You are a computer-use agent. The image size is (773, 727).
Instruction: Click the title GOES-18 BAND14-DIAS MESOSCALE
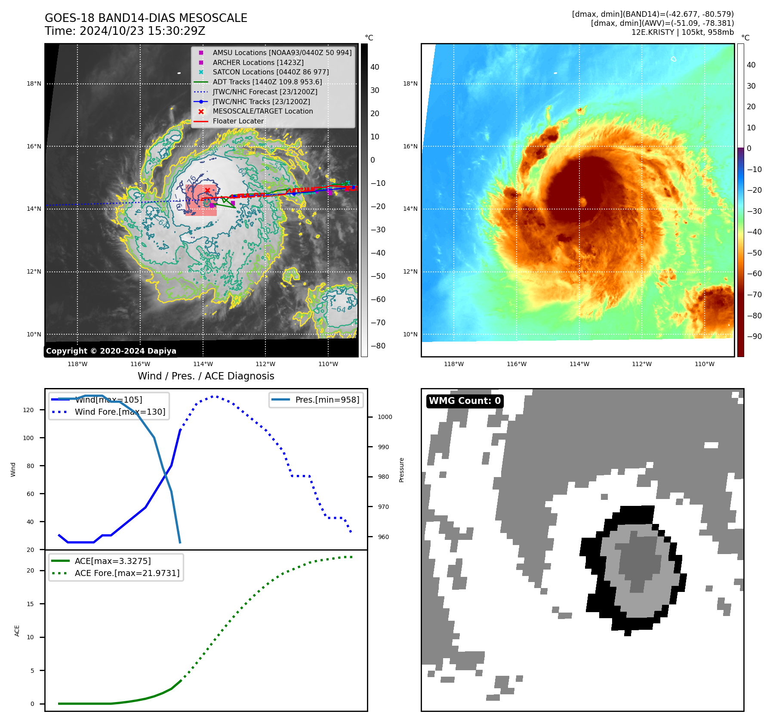[146, 18]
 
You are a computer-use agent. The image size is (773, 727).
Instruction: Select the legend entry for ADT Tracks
[267, 82]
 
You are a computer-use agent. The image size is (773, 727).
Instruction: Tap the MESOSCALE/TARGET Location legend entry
[262, 111]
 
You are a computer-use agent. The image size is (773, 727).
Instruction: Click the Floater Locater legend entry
[238, 121]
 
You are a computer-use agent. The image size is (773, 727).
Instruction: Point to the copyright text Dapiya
[111, 351]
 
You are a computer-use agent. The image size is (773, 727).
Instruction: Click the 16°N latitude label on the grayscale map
[34, 146]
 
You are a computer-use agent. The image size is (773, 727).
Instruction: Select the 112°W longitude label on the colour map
[641, 364]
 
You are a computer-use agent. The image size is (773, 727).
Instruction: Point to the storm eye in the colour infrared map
[583, 201]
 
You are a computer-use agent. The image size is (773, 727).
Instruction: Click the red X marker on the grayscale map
[207, 190]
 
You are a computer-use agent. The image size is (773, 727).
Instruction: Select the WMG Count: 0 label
[465, 401]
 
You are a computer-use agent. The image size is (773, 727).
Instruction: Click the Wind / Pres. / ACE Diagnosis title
[206, 376]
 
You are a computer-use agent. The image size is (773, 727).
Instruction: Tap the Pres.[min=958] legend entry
[327, 400]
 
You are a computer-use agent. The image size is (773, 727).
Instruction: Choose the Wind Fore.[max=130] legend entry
[120, 412]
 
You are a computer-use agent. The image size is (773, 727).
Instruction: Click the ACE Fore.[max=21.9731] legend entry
[127, 573]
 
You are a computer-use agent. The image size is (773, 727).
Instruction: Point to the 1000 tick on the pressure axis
[385, 417]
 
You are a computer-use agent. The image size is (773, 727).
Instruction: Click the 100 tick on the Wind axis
[28, 438]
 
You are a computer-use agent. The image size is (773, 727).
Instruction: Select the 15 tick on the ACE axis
[30, 604]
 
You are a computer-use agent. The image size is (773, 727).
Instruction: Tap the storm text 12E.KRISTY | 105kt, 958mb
[682, 32]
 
